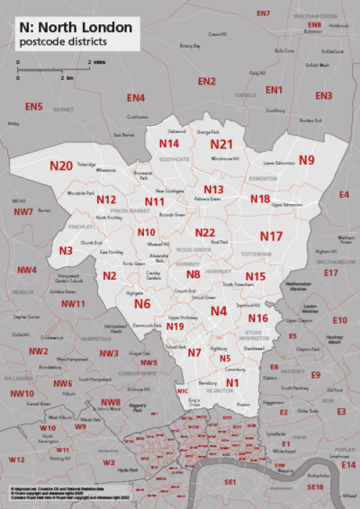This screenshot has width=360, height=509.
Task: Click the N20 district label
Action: [x=61, y=165]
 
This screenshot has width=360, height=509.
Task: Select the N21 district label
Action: [x=221, y=144]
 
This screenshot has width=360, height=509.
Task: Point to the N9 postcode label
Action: [x=307, y=160]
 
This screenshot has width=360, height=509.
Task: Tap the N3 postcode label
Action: [x=66, y=251]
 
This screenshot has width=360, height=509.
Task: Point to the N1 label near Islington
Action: [x=232, y=384]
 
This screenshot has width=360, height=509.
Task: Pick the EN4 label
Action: [x=136, y=97]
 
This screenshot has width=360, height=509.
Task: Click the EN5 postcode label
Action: [x=34, y=107]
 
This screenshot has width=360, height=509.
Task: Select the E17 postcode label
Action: [x=330, y=272]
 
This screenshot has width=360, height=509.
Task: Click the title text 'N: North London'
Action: [x=74, y=28]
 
